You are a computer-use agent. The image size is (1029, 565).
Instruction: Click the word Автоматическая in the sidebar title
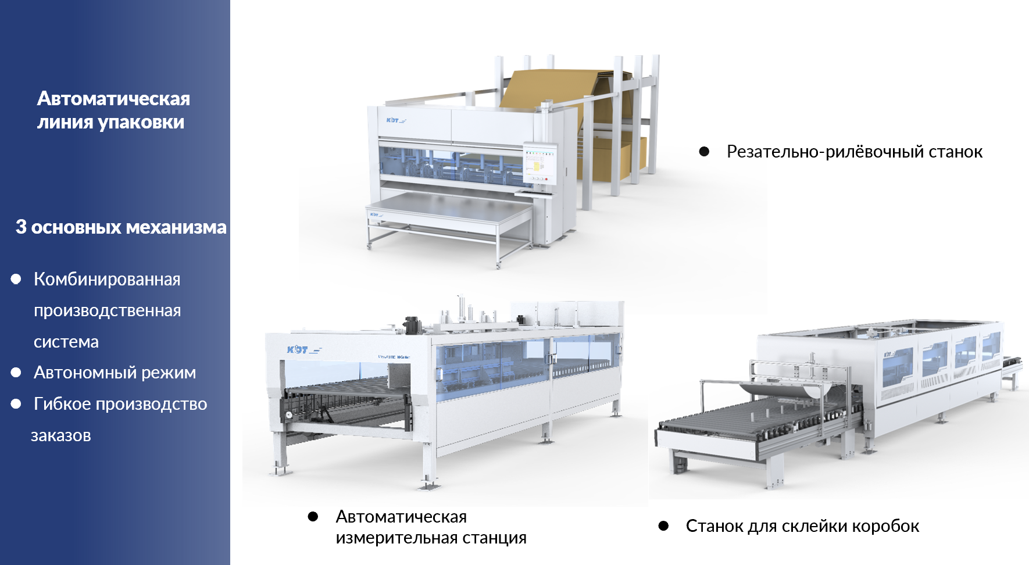pyautogui.click(x=113, y=99)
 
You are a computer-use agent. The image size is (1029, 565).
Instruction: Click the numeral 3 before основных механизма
pyautogui.click(x=21, y=227)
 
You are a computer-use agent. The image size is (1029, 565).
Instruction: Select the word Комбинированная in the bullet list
pyautogui.click(x=107, y=279)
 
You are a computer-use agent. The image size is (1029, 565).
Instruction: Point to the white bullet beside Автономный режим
pyautogui.click(x=16, y=373)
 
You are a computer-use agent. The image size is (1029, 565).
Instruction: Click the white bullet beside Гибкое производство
pyautogui.click(x=16, y=404)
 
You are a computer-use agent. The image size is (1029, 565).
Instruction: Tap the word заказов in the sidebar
pyautogui.click(x=61, y=436)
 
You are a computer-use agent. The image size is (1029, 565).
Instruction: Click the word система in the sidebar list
pyautogui.click(x=66, y=342)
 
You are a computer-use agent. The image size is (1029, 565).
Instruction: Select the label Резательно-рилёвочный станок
pyautogui.click(x=855, y=152)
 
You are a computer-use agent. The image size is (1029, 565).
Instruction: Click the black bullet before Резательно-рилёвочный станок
pyautogui.click(x=704, y=152)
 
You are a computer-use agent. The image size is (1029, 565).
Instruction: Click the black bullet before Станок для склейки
pyautogui.click(x=663, y=526)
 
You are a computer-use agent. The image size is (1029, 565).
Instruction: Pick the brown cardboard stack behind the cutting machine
pyautogui.click(x=573, y=116)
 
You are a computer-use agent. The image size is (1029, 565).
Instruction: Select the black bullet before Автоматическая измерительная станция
pyautogui.click(x=313, y=516)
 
